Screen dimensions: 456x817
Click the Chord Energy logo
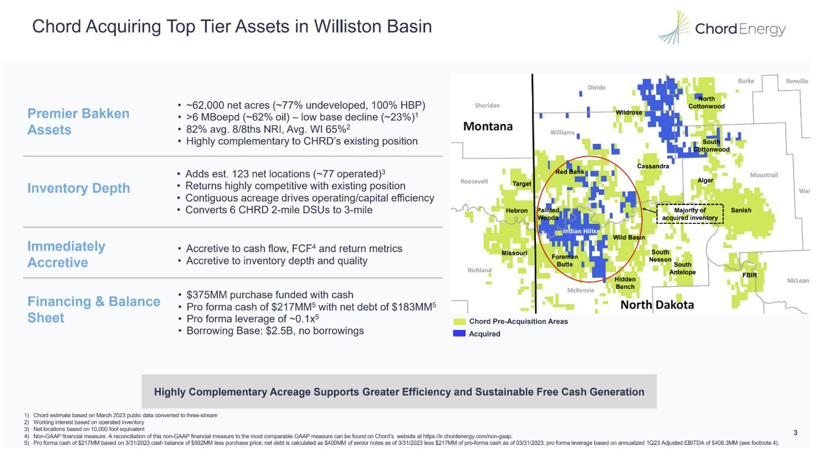coord(722,28)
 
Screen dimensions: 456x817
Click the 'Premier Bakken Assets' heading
coord(78,122)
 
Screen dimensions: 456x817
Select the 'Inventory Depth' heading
coord(79,188)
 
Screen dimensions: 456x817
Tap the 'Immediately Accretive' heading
coord(66,254)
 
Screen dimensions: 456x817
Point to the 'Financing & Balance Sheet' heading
coord(93,309)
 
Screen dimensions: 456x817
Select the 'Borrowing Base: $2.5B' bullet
coord(275,331)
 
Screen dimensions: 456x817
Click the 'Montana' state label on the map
coord(488,127)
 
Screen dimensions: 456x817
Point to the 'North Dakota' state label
coord(657,305)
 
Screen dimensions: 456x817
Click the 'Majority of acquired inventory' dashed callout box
coord(689,214)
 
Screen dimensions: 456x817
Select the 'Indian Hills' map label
coord(580,231)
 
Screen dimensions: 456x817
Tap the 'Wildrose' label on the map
coord(628,113)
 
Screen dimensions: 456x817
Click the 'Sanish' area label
coord(740,211)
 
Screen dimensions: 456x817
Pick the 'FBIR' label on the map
coord(749,275)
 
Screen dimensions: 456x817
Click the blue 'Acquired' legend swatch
coord(459,334)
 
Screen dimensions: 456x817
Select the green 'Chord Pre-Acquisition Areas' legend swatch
coord(459,322)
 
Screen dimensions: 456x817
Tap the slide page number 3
coord(795,433)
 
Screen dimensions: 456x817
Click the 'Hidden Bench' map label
coord(625,283)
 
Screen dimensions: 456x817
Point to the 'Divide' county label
coord(596,88)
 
